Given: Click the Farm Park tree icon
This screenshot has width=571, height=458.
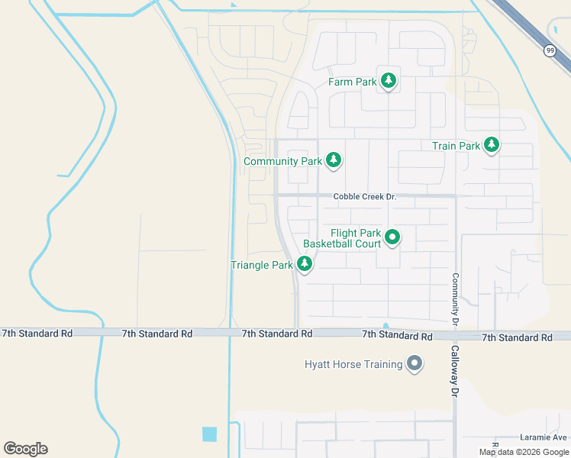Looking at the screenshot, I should click(x=389, y=80).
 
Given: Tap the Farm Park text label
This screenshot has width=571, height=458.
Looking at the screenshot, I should click(x=353, y=82).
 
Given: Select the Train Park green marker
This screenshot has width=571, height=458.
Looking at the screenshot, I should click(x=492, y=144).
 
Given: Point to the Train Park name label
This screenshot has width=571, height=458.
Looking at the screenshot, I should click(x=456, y=146).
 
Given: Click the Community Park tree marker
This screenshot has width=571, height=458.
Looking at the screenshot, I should click(x=333, y=160).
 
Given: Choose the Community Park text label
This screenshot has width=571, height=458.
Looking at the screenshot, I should click(x=282, y=162).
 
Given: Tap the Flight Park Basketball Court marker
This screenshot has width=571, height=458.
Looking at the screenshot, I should click(x=392, y=237).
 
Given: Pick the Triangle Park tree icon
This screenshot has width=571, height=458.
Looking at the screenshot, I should click(x=305, y=264).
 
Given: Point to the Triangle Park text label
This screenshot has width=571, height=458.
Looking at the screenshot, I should click(x=262, y=266).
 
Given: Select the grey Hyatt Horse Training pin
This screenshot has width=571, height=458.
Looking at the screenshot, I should click(x=415, y=363).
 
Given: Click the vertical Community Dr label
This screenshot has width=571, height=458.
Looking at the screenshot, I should click(x=455, y=300).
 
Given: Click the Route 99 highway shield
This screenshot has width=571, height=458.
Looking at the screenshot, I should click(x=550, y=50).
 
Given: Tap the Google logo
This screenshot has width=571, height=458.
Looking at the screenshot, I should click(x=25, y=449).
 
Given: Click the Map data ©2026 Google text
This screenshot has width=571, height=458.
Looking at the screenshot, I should click(x=523, y=452).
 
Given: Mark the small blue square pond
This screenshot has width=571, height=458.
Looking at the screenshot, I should click(x=209, y=434).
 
